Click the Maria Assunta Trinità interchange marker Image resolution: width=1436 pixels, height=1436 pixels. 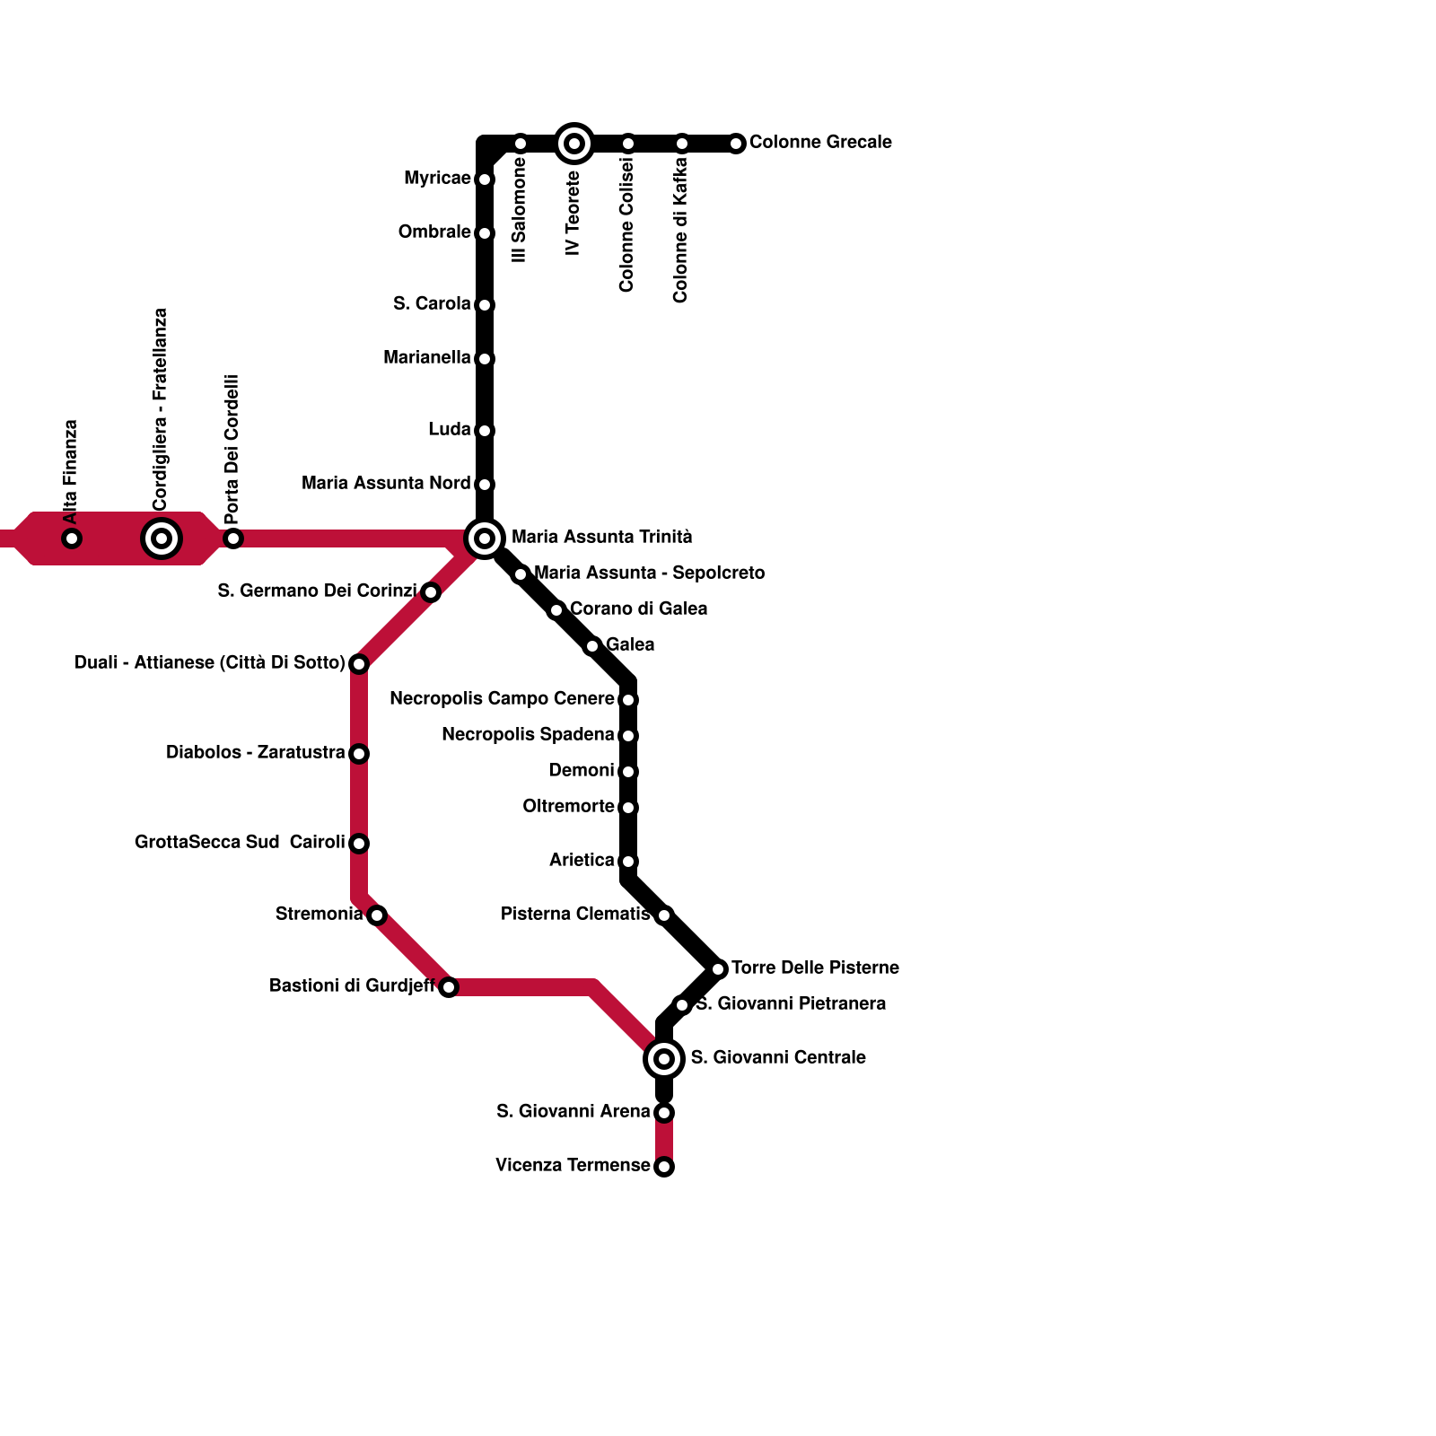point(485,538)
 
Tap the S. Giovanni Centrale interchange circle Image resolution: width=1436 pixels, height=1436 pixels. point(664,1059)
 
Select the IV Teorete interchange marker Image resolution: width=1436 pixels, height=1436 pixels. point(574,144)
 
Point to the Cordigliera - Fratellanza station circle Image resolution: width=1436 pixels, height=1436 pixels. point(162,538)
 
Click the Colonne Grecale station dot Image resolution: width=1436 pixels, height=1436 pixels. point(736,144)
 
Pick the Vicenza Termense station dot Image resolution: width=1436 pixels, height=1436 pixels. point(664,1167)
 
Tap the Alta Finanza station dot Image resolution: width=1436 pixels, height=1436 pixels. point(72,538)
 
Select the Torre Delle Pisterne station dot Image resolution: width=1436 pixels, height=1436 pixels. point(718,969)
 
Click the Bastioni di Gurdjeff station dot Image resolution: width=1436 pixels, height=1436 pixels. point(449,987)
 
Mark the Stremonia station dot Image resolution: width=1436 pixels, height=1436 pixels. point(377,915)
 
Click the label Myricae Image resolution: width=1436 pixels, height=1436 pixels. point(437,179)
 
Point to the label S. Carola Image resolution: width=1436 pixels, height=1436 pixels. point(432,304)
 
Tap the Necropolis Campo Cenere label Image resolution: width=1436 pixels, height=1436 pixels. point(502,699)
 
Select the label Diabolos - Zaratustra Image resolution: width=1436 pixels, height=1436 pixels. point(256,753)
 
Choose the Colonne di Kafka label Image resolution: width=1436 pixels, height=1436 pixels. point(680,230)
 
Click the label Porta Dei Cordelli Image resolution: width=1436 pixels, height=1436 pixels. point(232,449)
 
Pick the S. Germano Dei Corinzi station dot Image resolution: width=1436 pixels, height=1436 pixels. point(431,592)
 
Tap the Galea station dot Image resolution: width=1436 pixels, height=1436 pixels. point(592,646)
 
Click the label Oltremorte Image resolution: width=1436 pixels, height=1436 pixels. point(568,807)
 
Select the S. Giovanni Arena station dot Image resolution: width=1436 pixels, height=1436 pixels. point(664,1113)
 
